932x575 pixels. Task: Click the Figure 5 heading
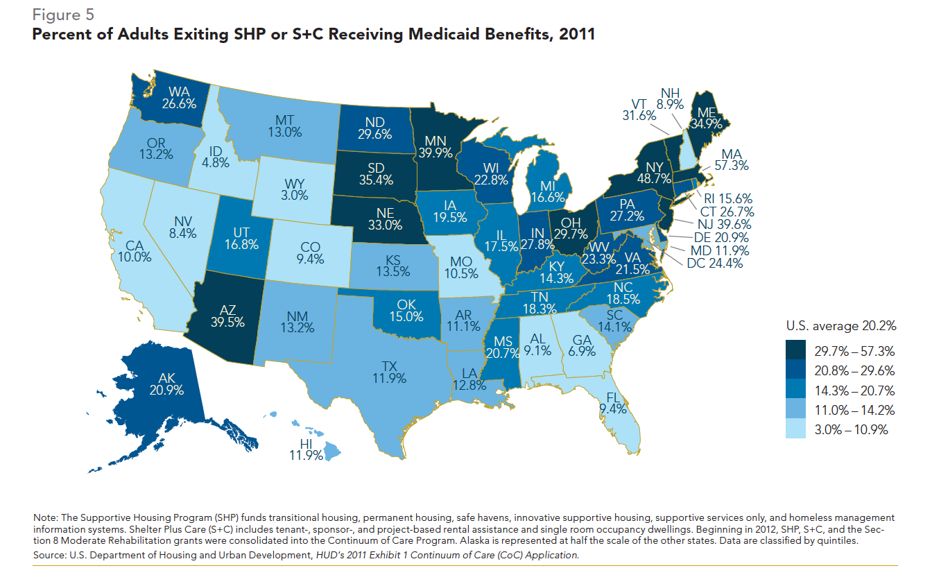click(x=63, y=15)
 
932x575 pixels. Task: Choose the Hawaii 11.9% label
click(x=306, y=449)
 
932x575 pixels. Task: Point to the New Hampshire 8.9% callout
click(x=670, y=98)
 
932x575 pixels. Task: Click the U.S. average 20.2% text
click(x=840, y=325)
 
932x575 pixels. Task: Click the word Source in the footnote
click(x=49, y=556)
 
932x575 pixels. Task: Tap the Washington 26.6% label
click(x=179, y=97)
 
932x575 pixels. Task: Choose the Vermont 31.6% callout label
click(x=639, y=110)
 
